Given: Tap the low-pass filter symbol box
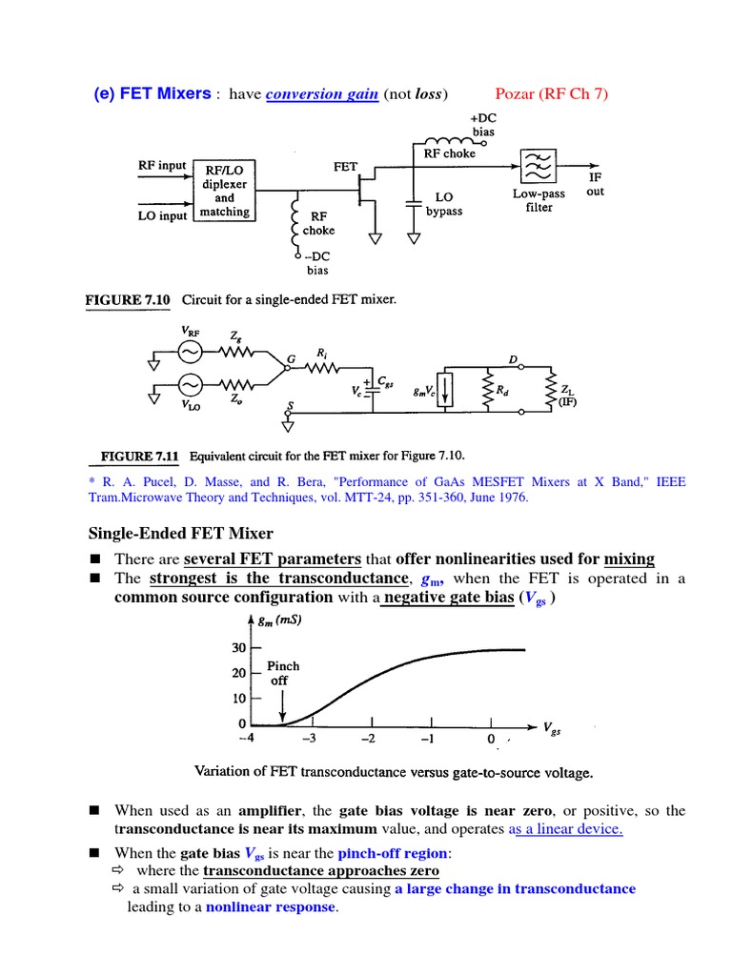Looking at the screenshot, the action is (537, 166).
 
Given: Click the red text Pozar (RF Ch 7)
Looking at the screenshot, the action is (552, 93).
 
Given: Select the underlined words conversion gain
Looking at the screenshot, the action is (322, 94).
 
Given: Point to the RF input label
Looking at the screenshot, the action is (162, 165).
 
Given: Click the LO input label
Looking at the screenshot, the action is (162, 215).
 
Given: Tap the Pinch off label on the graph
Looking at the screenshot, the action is (283, 673).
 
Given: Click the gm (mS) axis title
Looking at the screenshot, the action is (282, 621).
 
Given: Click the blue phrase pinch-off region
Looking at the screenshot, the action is (391, 852).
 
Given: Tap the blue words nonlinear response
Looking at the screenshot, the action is (271, 907).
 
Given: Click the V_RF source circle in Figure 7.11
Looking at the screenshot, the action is (187, 353).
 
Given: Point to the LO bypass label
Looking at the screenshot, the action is (444, 204).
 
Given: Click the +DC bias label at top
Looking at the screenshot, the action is (483, 124).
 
